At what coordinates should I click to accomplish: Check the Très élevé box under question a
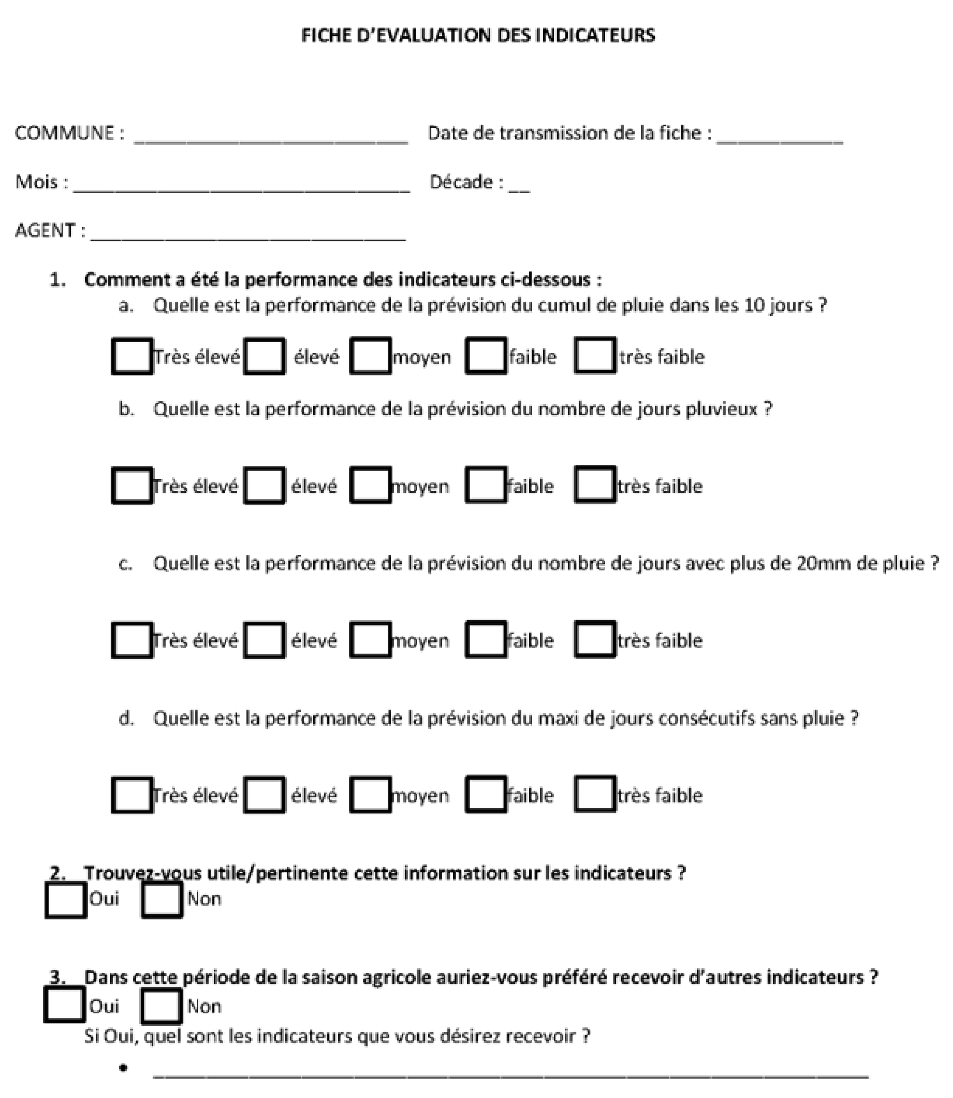pyautogui.click(x=132, y=356)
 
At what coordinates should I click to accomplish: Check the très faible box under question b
pyautogui.click(x=595, y=484)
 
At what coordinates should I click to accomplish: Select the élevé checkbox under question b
pyautogui.click(x=264, y=485)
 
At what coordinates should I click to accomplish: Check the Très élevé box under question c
pyautogui.click(x=132, y=640)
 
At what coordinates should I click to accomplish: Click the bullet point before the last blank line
pyautogui.click(x=123, y=1068)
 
